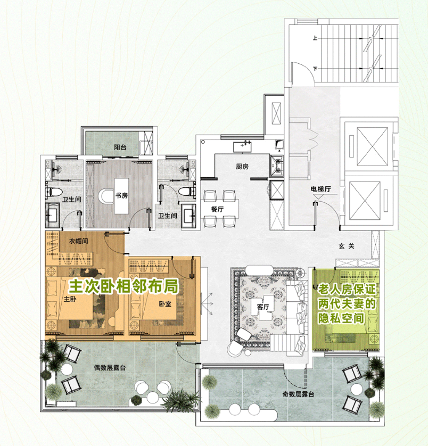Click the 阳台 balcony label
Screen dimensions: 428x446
[120, 147]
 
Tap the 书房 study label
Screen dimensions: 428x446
[121, 195]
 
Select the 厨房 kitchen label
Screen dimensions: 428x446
[242, 167]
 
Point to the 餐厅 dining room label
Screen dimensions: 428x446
[217, 209]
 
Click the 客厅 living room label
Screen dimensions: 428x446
[262, 307]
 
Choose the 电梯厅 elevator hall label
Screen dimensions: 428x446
[321, 189]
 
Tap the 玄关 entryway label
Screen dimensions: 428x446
[347, 246]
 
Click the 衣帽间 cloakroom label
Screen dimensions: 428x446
[79, 241]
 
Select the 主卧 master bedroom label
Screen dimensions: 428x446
[70, 299]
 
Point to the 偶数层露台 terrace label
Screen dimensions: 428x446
[110, 368]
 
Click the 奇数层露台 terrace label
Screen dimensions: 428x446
[298, 394]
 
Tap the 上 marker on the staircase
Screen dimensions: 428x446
[315, 38]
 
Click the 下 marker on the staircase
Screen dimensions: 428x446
[315, 69]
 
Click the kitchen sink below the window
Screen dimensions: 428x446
[242, 147]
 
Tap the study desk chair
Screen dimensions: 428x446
[106, 196]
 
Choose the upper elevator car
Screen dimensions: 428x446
[372, 146]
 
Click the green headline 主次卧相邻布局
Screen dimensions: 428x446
[124, 286]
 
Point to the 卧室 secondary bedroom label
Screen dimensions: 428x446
[165, 304]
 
